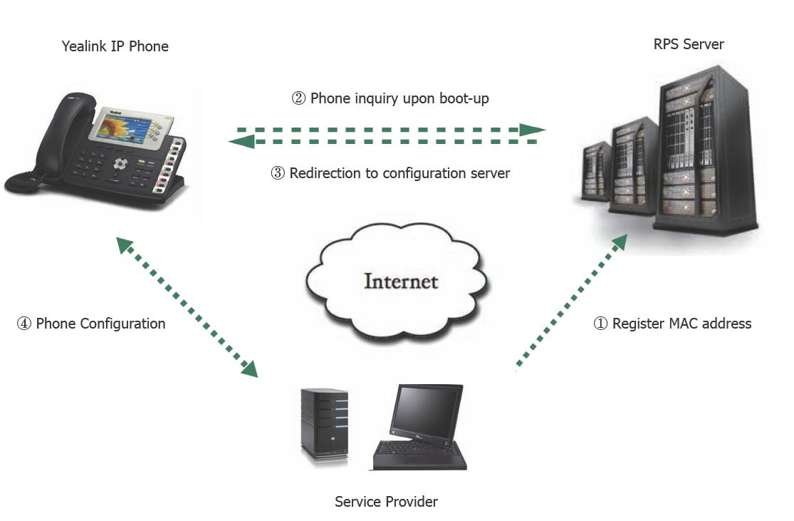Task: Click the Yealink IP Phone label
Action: [x=115, y=47]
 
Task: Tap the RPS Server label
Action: [x=689, y=44]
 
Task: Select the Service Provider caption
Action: [x=386, y=502]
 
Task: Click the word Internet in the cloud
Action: [x=400, y=280]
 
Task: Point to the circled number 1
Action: [x=600, y=324]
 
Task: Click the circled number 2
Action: [x=298, y=98]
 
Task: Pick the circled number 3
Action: [x=278, y=173]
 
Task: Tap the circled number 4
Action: [x=24, y=324]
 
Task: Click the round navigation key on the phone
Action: [x=119, y=164]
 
